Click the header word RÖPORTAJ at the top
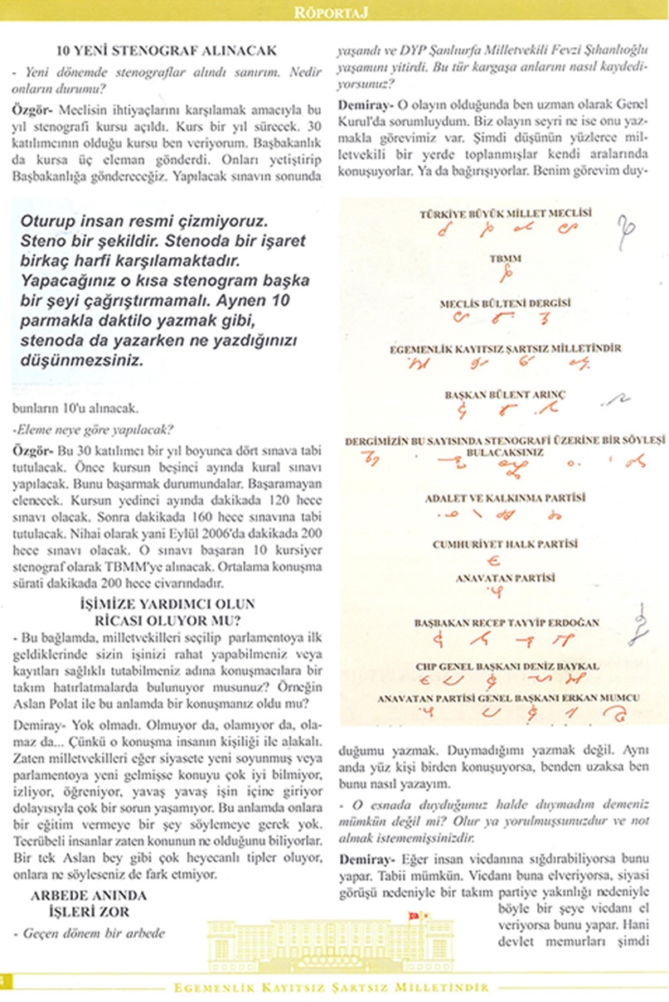pos(334,11)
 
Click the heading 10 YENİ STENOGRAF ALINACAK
pos(172,51)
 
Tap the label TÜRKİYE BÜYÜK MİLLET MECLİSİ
pos(505,213)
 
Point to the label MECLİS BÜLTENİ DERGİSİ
pos(504,304)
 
